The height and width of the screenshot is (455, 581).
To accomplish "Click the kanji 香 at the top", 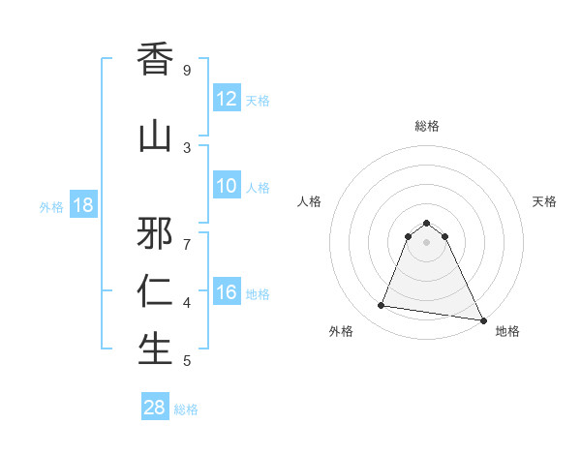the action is tap(156, 61).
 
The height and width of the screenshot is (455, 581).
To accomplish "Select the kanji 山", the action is tap(156, 136).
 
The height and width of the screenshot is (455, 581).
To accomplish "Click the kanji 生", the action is tap(156, 349).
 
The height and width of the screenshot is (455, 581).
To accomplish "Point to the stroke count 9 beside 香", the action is tap(187, 70).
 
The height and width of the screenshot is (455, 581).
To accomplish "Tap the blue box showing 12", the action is tap(227, 99).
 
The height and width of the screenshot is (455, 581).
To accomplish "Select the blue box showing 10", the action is tap(227, 186).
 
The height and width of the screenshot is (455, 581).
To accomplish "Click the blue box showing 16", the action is tap(227, 292).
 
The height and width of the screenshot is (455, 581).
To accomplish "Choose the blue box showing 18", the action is tap(82, 205).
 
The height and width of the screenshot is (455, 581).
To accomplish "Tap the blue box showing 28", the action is tap(155, 408).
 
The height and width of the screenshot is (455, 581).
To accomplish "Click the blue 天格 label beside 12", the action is tap(258, 100).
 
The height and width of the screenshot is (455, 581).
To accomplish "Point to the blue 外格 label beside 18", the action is tap(51, 206).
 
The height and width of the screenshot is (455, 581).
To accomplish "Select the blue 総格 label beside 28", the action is tap(186, 409).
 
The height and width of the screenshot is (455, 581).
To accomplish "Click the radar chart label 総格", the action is tap(426, 126).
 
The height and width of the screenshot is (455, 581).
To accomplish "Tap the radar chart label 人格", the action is tap(310, 201).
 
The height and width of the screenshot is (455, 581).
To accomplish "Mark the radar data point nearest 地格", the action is tap(482, 318).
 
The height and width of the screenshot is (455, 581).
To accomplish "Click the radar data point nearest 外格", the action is tap(381, 306).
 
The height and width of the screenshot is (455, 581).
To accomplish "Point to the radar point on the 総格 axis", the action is tap(426, 223).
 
